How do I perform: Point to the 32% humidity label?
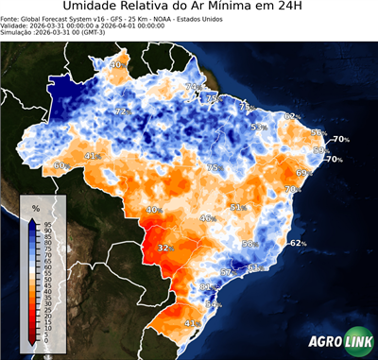pyautogui.click(x=164, y=248)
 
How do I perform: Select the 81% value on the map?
pyautogui.click(x=206, y=285)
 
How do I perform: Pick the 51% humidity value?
pyautogui.click(x=237, y=207)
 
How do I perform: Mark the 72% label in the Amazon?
pyautogui.click(x=121, y=111)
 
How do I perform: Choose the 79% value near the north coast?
pyautogui.click(x=192, y=87)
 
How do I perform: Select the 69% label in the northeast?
pyautogui.click(x=303, y=173)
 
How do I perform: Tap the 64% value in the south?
pyautogui.click(x=213, y=304)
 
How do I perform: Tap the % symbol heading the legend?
pyautogui.click(x=36, y=207)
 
